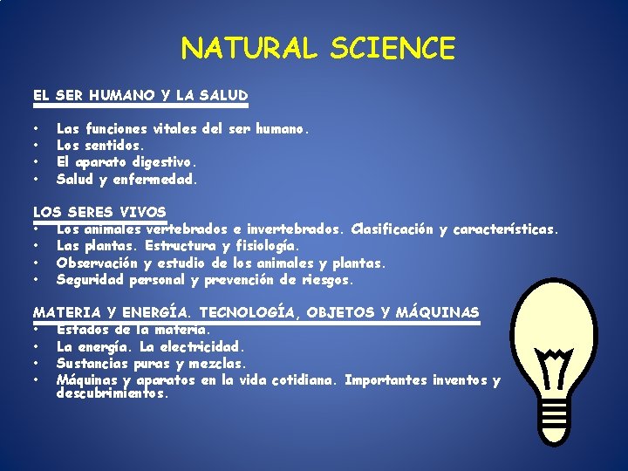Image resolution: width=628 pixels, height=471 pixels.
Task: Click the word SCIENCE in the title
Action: pos(392,49)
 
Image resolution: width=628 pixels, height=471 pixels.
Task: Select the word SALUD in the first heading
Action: pos(224,95)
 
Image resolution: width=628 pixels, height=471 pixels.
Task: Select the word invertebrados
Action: pos(297,229)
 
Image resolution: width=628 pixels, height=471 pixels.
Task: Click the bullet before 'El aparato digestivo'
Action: pos(38,162)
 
